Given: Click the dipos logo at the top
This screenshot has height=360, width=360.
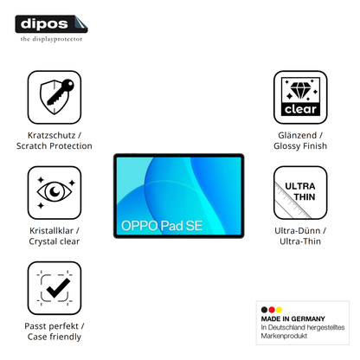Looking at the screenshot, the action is pyautogui.click(x=51, y=24).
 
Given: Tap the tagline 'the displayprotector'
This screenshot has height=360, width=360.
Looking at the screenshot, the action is pyautogui.click(x=51, y=39).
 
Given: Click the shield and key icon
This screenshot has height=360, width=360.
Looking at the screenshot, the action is pyautogui.click(x=56, y=96).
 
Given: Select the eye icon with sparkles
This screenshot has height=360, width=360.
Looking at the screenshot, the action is pyautogui.click(x=55, y=192).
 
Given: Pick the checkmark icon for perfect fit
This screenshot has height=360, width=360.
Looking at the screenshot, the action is pyautogui.click(x=55, y=287).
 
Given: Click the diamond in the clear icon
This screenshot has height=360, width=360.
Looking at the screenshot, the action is pyautogui.click(x=300, y=89).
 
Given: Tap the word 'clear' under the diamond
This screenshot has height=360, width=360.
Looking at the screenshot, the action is pyautogui.click(x=300, y=109).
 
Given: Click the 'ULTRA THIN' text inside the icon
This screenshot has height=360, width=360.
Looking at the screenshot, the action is pyautogui.click(x=300, y=191).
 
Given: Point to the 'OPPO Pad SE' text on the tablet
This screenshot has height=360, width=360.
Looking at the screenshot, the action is pyautogui.click(x=162, y=226).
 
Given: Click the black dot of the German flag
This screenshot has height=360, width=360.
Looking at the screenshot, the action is pyautogui.click(x=264, y=310).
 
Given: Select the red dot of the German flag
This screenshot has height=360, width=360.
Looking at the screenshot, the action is pyautogui.click(x=272, y=310).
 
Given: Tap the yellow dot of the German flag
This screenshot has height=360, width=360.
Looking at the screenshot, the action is pyautogui.click(x=279, y=310).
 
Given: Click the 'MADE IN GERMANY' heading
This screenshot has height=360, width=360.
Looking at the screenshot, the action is pyautogui.click(x=292, y=318).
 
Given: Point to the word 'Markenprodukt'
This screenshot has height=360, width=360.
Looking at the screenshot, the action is pyautogui.click(x=284, y=336).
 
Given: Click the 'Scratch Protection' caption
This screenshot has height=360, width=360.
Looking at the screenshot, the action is pyautogui.click(x=55, y=146).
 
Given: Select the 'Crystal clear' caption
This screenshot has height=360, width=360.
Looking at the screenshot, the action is pyautogui.click(x=55, y=241).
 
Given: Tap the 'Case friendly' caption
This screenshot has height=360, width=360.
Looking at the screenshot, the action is pyautogui.click(x=55, y=337).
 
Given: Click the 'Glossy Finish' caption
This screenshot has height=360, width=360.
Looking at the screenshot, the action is pyautogui.click(x=300, y=146).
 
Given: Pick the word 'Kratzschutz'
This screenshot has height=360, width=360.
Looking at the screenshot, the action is pyautogui.click(x=51, y=135).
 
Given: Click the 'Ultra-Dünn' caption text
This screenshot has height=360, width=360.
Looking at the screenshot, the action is pyautogui.click(x=298, y=231).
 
